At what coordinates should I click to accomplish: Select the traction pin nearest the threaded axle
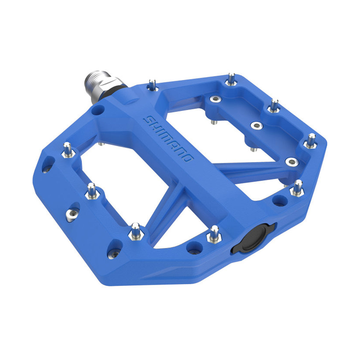pyautogui.click(x=153, y=85)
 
